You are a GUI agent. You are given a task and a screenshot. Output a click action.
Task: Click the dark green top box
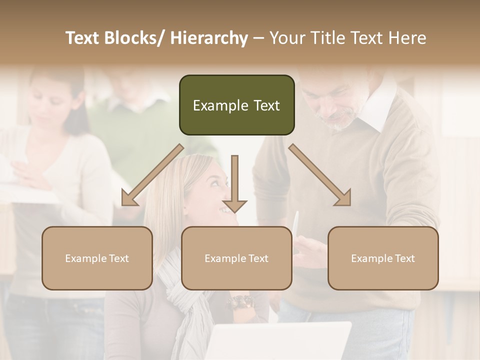coord(236,105)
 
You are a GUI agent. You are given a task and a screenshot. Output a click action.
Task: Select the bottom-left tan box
coord(97,258)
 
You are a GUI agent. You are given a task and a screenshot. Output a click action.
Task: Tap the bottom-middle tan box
coord(236,258)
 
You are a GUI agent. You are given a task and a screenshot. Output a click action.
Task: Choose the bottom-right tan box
coord(383,258)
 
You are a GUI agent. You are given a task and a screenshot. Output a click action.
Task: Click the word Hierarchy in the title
coord(209,38)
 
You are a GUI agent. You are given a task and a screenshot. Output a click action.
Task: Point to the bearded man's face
coord(340,102)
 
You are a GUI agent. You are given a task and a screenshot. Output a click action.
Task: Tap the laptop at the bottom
coord(280,342)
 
